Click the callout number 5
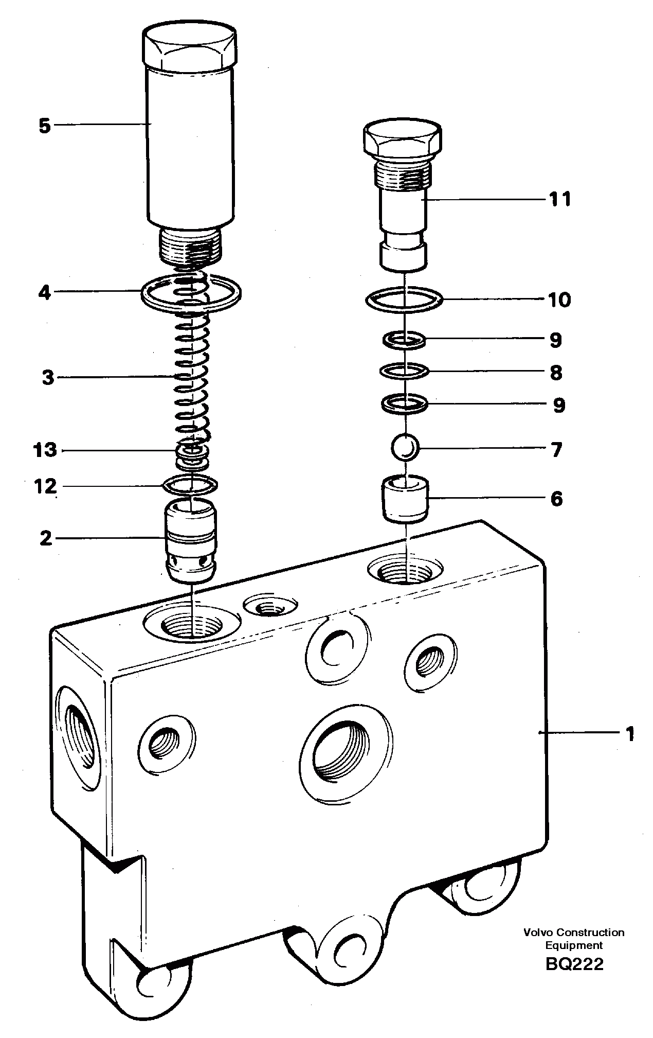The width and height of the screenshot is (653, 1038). [x=45, y=126]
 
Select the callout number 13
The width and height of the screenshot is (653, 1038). [x=45, y=450]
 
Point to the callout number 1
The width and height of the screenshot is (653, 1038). [x=629, y=734]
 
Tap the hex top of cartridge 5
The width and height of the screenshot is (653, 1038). [x=191, y=47]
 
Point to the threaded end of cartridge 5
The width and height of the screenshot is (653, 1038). [x=191, y=245]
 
